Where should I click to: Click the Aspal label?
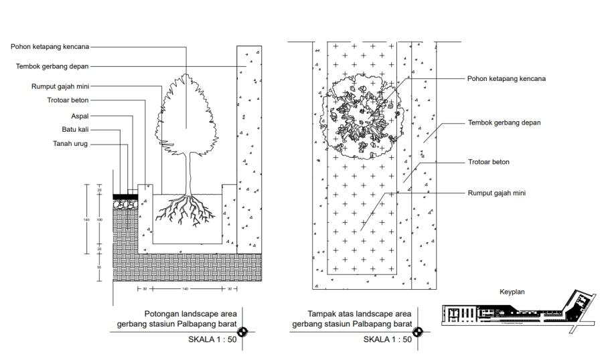[80, 115]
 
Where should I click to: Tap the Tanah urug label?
[70, 143]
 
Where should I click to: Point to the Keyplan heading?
[512, 292]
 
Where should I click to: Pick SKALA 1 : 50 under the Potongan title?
[212, 339]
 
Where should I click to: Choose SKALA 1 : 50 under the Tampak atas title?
[387, 339]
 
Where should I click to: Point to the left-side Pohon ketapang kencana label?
[50, 47]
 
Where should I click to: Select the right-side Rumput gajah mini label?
[496, 193]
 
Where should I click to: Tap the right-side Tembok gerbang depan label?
[504, 122]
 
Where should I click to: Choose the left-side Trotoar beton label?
[69, 101]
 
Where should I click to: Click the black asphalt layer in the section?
[125, 196]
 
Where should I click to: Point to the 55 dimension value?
[99, 267]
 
